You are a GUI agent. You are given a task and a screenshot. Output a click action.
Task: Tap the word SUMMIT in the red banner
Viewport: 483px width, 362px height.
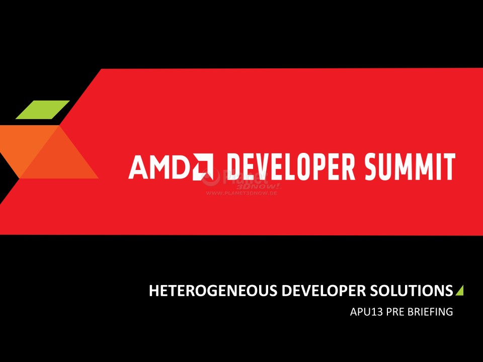coord(410,166)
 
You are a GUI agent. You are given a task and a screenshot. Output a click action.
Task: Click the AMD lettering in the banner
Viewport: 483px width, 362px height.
coord(159,166)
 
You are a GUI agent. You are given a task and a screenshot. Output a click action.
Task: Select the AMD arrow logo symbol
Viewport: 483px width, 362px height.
coord(203,166)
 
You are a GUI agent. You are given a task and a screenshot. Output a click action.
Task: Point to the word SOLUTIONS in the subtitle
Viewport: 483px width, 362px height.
coord(411,291)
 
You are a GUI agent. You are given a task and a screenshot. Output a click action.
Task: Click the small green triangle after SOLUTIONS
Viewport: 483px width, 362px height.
coord(459,290)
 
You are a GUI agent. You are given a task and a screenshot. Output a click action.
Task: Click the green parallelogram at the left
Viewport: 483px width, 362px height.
coord(42,110)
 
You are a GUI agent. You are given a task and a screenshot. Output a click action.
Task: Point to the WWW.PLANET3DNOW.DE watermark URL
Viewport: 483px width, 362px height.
coord(242,193)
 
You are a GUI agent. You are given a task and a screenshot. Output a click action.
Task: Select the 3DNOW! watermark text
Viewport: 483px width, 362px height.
coord(259,187)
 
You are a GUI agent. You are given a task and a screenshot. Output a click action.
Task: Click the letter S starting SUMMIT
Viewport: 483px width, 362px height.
coord(371,166)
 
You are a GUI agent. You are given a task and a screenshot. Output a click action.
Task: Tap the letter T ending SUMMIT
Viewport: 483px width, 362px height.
coord(449,166)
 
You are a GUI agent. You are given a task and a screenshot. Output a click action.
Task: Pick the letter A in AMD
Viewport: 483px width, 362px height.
coord(138,166)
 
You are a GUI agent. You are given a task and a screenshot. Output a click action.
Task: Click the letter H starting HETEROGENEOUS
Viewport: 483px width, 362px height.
coord(154,291)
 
